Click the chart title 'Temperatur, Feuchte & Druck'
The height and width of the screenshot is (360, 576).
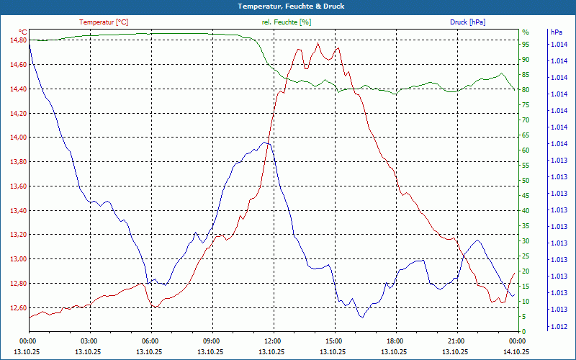coord(288,6)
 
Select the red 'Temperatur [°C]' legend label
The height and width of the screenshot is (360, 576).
coord(104,22)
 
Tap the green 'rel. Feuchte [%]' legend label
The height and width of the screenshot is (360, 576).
coord(287,22)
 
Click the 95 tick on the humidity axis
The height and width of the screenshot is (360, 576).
coord(526,44)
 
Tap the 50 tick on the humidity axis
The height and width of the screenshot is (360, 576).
coord(526,180)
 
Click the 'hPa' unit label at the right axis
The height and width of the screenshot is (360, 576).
coord(556,32)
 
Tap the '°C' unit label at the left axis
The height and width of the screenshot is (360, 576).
coord(22,32)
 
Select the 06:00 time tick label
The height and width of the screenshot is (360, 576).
coord(150,341)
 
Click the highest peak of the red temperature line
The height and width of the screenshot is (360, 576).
coord(318,43)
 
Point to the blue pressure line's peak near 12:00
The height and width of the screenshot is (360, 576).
coord(265,143)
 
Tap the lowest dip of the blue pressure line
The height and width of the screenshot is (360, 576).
coord(362,318)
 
